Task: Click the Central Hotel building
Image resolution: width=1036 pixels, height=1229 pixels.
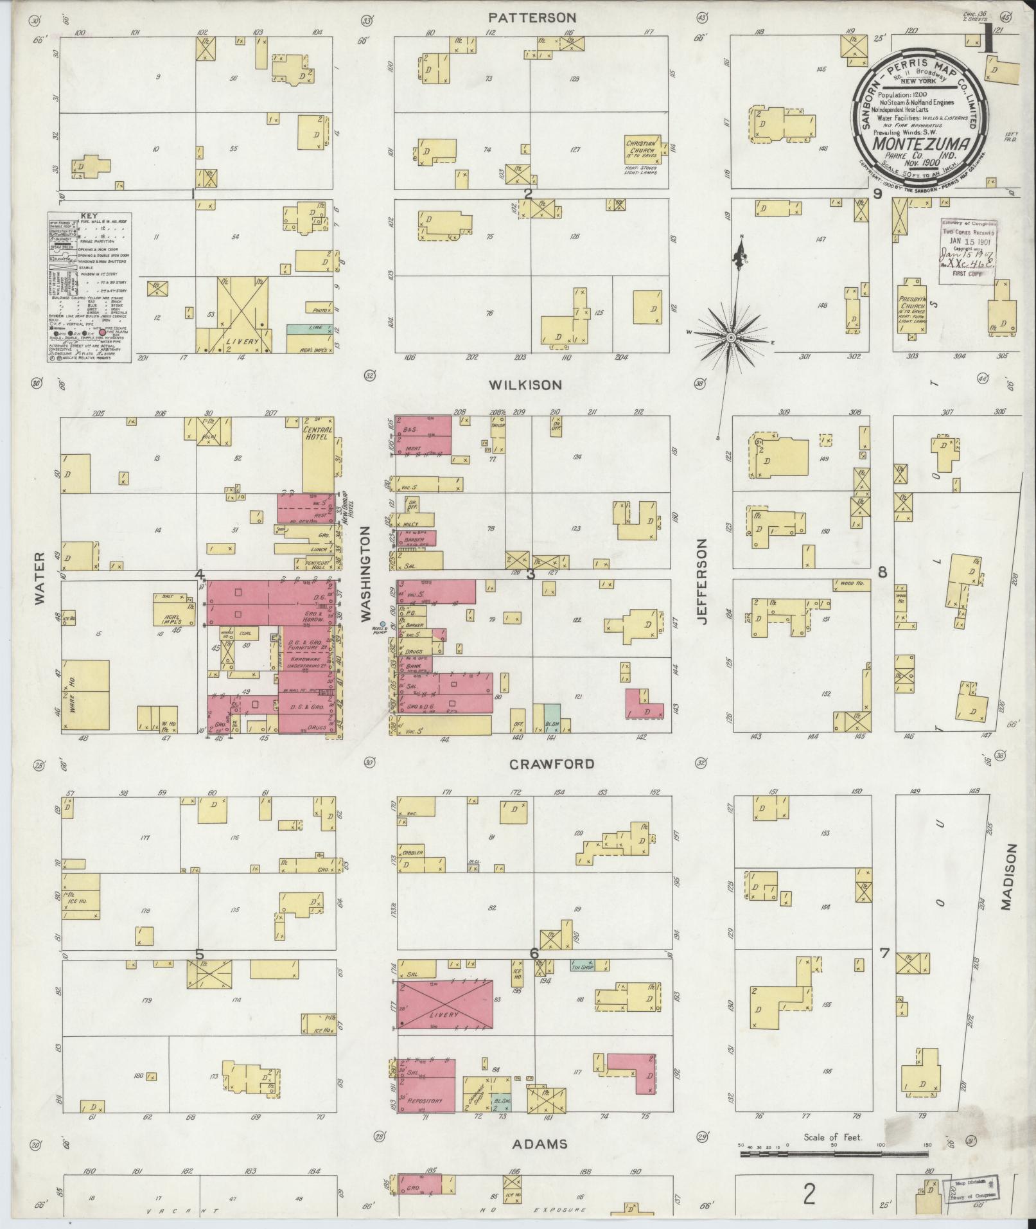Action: pyautogui.click(x=318, y=456)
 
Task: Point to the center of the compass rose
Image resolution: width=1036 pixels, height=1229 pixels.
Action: pyautogui.click(x=731, y=337)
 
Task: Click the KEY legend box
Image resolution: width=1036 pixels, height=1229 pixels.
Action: pyautogui.click(x=89, y=287)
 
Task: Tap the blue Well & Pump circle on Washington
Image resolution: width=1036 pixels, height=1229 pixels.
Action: pyautogui.click(x=383, y=624)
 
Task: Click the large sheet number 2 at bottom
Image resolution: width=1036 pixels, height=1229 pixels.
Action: pyautogui.click(x=809, y=1194)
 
